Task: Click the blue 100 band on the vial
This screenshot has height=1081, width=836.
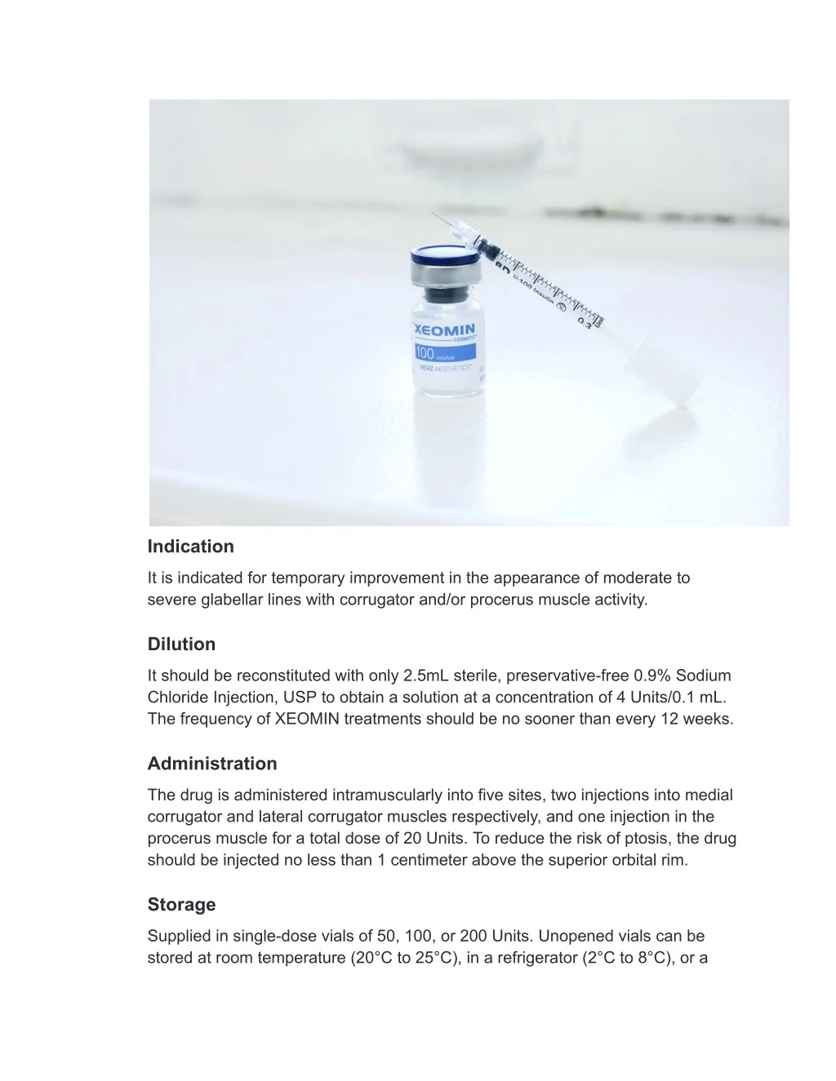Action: pyautogui.click(x=445, y=352)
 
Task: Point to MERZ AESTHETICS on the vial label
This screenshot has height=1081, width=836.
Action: pyautogui.click(x=446, y=368)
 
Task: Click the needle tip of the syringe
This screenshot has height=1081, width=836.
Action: pyautogui.click(x=434, y=214)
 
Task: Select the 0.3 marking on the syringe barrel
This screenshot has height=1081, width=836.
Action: pyautogui.click(x=585, y=321)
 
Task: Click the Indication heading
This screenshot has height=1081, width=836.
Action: pyautogui.click(x=190, y=547)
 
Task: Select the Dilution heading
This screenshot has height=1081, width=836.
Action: pyautogui.click(x=181, y=645)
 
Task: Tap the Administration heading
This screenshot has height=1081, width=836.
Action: pyautogui.click(x=212, y=764)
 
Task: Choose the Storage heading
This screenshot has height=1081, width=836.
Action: pyautogui.click(x=181, y=905)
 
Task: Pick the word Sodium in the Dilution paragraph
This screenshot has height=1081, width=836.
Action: pyautogui.click(x=703, y=676)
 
